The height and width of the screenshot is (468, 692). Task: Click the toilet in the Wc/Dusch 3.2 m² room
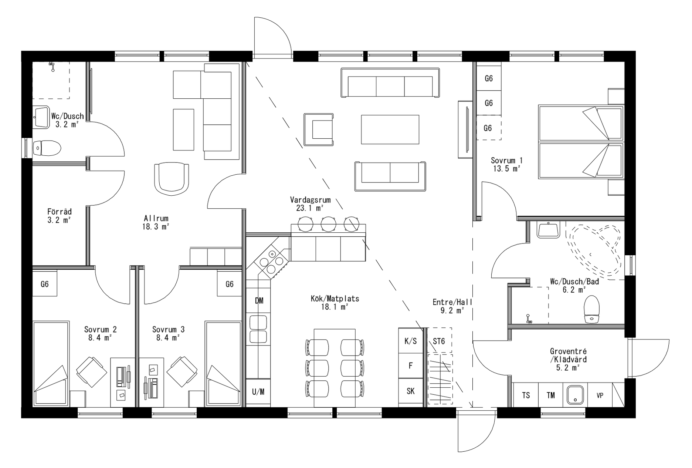coord(47,148)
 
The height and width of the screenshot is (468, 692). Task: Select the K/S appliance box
coord(410,341)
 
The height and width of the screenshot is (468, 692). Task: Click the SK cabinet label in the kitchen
coord(410,391)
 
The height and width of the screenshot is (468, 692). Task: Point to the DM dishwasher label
coord(259,301)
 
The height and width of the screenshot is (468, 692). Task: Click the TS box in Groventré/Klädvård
coord(526,395)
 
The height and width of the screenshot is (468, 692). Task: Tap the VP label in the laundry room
coord(600,395)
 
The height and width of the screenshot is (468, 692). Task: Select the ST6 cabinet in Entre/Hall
coord(439,340)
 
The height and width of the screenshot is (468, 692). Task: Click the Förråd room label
coord(59,212)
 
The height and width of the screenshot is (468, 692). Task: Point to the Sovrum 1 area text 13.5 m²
coord(506,169)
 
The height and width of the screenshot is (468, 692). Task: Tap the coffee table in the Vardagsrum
coord(390,129)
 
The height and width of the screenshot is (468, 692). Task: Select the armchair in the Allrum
coord(172,178)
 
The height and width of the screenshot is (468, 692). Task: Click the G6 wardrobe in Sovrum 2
coord(45,284)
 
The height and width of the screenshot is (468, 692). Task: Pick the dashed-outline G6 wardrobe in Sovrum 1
coord(488,128)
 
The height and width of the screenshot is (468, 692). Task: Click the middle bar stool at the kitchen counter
coord(328,223)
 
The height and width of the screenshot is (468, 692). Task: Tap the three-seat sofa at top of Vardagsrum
coord(390,83)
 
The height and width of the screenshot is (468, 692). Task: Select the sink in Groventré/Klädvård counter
coord(575,395)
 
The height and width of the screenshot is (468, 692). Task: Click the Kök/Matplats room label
coord(335,299)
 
